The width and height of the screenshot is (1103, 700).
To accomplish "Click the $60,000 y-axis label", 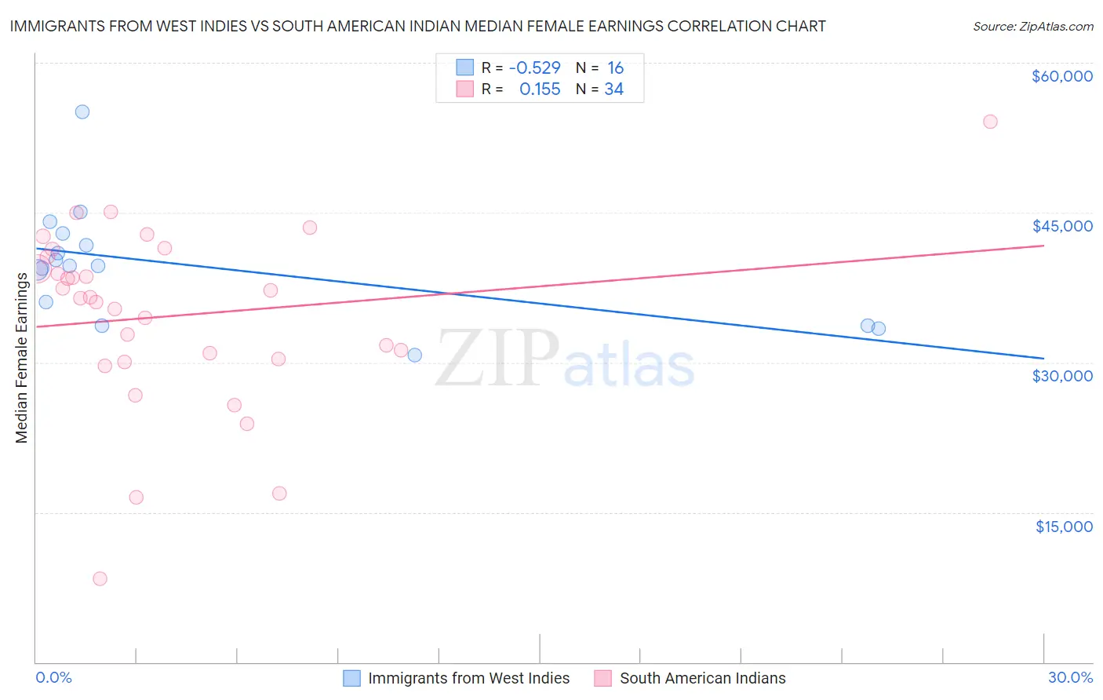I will (x=1061, y=76).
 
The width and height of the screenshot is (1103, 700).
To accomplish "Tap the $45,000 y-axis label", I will (x=1061, y=226).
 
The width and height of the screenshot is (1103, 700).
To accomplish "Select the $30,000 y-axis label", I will (x=1061, y=376).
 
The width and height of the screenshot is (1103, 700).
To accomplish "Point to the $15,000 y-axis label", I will (x=1063, y=527).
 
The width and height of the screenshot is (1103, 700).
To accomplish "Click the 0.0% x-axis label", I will (x=53, y=678).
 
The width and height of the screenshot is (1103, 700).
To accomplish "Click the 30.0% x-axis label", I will (x=1070, y=678).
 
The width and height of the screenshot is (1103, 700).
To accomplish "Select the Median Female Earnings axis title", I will (x=22, y=357).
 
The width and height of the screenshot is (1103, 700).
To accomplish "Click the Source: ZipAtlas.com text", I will (x=1032, y=27).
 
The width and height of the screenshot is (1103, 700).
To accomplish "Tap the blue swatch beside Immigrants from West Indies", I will (x=351, y=678).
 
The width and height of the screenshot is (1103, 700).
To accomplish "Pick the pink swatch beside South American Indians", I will (x=602, y=678).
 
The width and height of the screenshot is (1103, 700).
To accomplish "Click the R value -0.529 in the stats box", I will (x=534, y=68).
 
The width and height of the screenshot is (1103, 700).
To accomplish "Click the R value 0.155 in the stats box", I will (x=540, y=89).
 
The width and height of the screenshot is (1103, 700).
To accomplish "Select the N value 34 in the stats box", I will (x=613, y=89).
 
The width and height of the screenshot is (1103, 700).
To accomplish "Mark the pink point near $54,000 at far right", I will (x=990, y=122).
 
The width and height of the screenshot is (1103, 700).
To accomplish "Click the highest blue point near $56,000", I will (x=82, y=111).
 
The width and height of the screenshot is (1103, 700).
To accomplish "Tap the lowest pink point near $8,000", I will (x=100, y=578).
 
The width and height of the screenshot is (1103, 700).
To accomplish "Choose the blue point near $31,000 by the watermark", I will (x=414, y=355).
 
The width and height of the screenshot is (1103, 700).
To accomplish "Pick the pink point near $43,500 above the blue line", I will (x=310, y=228).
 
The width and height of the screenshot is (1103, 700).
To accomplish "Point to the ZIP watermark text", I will (x=497, y=358).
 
